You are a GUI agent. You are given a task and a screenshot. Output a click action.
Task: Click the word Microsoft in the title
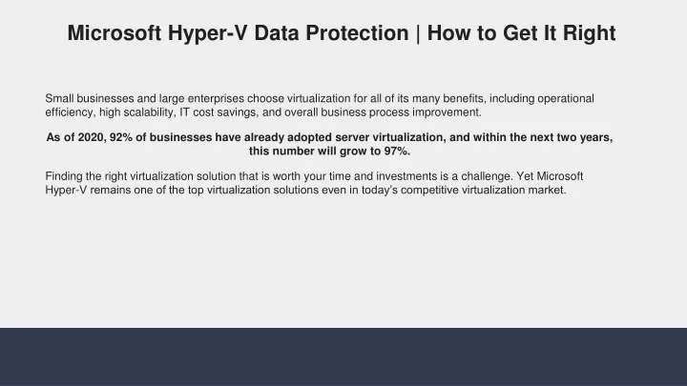point(114,33)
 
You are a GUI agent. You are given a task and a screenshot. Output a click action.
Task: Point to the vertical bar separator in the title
point(418,34)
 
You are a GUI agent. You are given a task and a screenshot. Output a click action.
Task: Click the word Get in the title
point(520,33)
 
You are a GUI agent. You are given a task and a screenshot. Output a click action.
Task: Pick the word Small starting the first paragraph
point(59,98)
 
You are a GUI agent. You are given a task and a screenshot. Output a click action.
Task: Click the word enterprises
point(216,99)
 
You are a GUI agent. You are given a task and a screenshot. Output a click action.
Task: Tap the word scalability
point(149,112)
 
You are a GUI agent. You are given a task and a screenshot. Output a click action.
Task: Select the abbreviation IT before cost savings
point(184,112)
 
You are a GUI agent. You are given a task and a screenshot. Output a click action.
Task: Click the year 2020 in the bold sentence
point(92,137)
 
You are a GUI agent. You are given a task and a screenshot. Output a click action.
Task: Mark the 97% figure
point(397,152)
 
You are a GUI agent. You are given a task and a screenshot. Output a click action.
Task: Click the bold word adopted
point(309,138)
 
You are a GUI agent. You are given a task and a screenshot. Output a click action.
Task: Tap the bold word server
point(352,137)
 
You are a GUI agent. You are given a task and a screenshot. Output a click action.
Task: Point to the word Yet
point(525,176)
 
